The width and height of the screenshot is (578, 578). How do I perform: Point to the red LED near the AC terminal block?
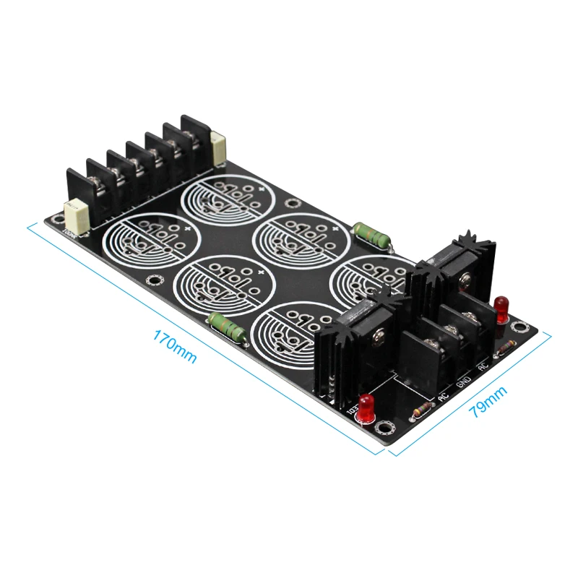[x=500, y=306]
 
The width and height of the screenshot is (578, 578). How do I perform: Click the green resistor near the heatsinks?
[x=373, y=235]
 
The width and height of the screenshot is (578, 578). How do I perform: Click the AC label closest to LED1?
[x=443, y=396]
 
